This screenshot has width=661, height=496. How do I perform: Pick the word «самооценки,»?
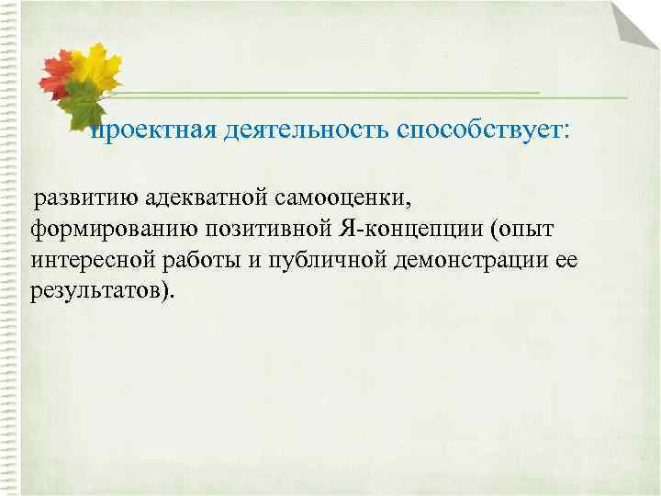click(x=349, y=197)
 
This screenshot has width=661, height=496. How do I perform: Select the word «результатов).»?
click(x=100, y=291)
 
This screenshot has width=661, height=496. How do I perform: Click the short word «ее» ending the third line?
click(x=566, y=260)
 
